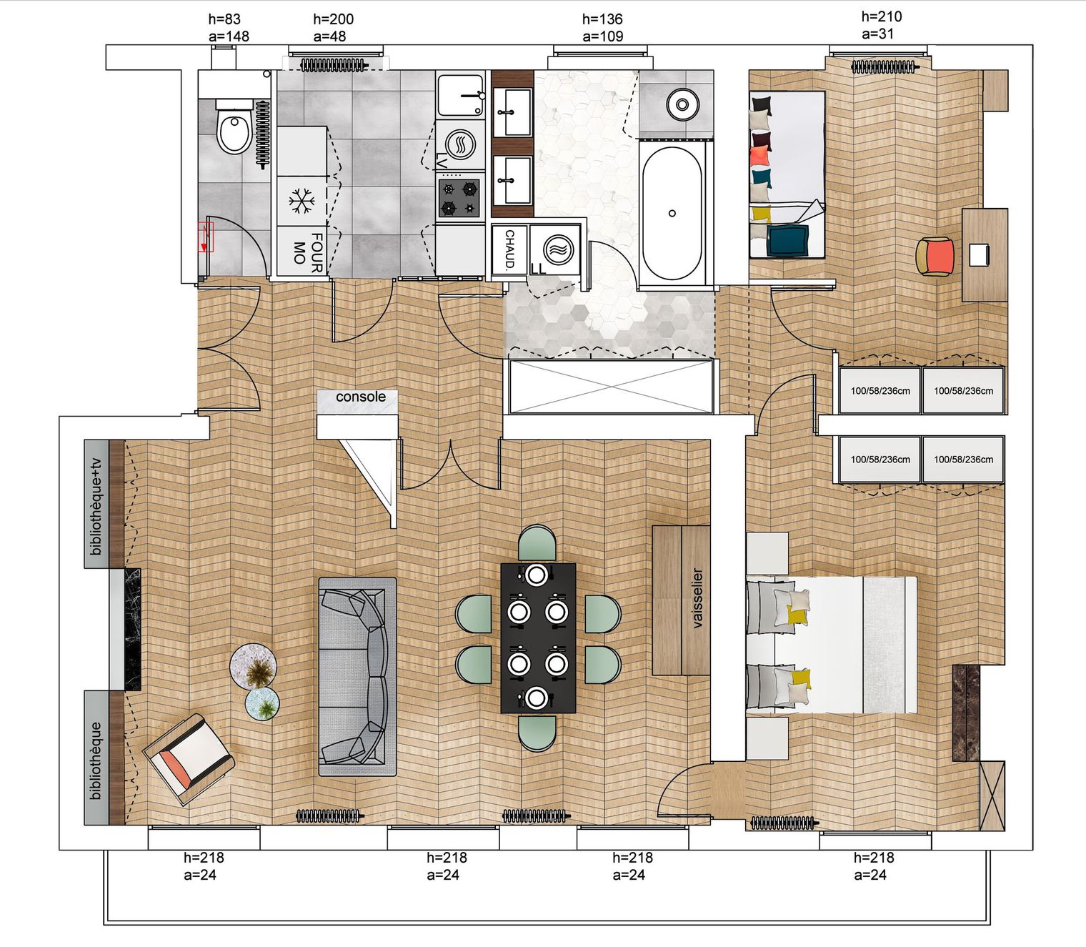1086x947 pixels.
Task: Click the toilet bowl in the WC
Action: (234, 127)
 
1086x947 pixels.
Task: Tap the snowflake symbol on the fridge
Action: (302, 201)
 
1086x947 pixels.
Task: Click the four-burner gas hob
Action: (459, 197)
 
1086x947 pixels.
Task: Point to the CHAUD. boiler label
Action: (509, 249)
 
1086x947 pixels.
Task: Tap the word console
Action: (361, 397)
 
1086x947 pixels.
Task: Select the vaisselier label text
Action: (697, 599)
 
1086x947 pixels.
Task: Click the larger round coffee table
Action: (254, 668)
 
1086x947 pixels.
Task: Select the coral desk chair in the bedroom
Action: (935, 257)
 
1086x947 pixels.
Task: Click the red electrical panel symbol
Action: (205, 237)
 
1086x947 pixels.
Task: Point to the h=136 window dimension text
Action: (602, 19)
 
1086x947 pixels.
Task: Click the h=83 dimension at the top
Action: (224, 19)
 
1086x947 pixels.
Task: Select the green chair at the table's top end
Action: (537, 542)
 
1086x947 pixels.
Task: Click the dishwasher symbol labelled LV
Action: (460, 144)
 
